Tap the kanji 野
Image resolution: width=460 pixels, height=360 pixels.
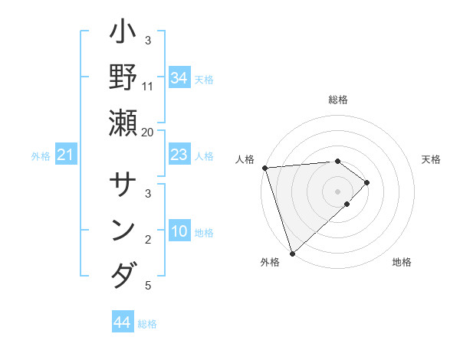point(123,80)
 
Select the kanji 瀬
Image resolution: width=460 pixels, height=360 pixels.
point(123,125)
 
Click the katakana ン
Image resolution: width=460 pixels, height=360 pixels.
point(123,231)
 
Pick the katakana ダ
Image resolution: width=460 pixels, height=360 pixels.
point(123,274)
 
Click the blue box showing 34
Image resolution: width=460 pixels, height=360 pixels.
point(179,77)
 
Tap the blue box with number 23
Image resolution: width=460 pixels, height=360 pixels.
point(179,155)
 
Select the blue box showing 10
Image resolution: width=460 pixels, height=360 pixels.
point(179,231)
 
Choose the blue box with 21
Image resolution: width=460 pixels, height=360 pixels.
point(66,155)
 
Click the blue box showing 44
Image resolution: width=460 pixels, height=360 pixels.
point(122,322)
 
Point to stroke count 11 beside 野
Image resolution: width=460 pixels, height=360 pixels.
point(148,86)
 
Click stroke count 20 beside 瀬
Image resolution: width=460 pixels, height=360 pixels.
point(148,131)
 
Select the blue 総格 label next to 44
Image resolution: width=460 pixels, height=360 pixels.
point(147,324)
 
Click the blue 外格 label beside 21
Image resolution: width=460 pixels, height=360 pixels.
point(41,156)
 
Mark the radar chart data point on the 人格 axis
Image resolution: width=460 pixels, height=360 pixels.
point(264,167)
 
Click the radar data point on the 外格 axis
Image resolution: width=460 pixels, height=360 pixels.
point(292,252)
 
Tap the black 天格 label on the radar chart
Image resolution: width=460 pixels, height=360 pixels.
point(431,159)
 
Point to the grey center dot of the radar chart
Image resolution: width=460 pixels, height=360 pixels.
point(337,191)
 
